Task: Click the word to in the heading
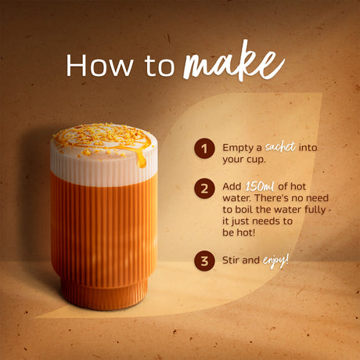click(x=160, y=67)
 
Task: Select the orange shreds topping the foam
click(x=102, y=136)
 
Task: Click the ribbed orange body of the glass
click(x=103, y=227)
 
